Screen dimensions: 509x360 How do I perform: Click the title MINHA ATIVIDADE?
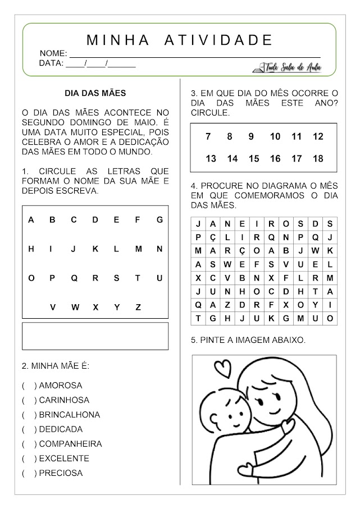180,40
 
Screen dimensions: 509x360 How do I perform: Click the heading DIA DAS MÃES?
95,93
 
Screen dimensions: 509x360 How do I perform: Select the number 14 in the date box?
232,159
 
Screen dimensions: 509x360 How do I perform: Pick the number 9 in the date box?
251,136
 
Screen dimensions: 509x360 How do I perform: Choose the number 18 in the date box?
318,159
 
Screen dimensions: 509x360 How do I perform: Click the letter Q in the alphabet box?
74,278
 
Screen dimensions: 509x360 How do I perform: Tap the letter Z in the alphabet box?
138,307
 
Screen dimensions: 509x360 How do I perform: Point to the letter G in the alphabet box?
160,219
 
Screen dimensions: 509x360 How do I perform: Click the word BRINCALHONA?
70,415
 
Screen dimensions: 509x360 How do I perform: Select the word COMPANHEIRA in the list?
71,444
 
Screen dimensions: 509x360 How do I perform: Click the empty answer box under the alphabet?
95,336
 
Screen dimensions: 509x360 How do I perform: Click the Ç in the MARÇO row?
241,250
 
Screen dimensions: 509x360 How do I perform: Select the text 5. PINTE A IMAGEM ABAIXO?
249,340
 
